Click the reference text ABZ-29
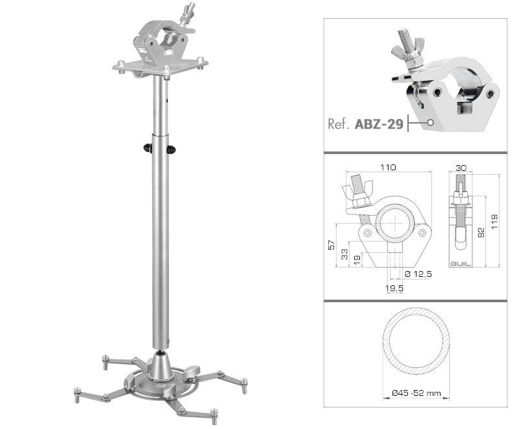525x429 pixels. click(379, 124)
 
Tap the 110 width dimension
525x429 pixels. click(389, 167)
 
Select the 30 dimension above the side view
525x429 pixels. click(461, 168)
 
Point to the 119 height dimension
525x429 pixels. click(494, 222)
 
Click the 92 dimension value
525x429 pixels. click(481, 233)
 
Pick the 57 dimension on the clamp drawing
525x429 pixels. click(331, 245)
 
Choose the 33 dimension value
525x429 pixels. click(344, 254)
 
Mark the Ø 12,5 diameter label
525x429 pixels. click(418, 274)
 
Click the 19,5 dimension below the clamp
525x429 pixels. click(394, 288)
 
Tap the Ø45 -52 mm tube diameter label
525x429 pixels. click(416, 393)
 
